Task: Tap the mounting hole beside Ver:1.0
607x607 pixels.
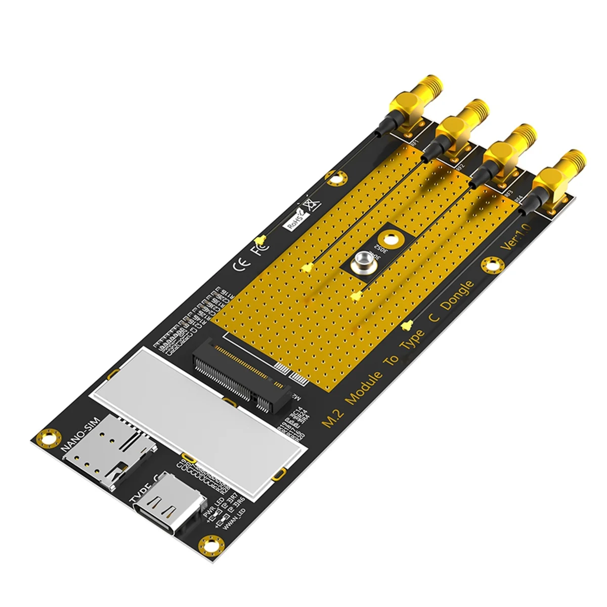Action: tap(489, 264)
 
